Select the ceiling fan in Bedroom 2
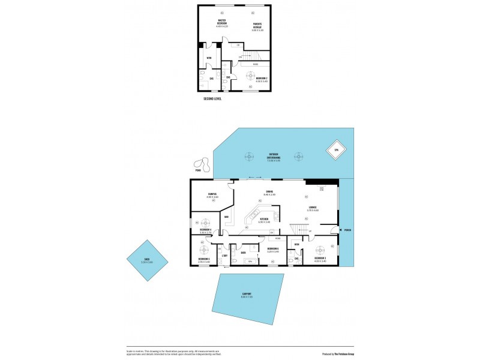coord(250,75)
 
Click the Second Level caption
coord(212,98)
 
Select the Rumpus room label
coord(212,195)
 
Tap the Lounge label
coord(313,208)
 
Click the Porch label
coord(347,230)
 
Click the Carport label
coord(247,295)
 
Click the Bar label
coord(227,217)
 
